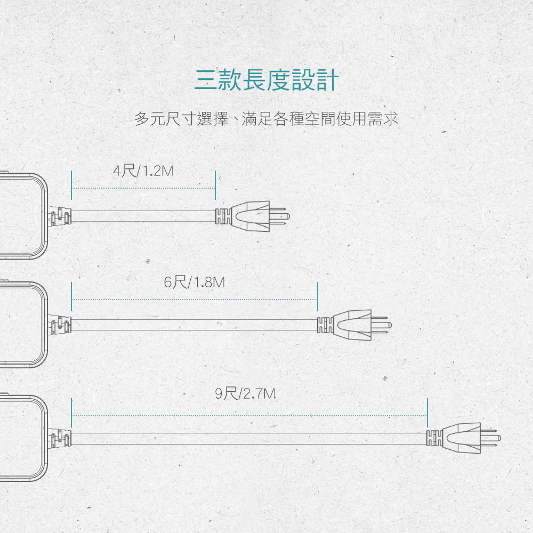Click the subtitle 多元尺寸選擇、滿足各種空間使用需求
click(266, 119)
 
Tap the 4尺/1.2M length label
click(144, 171)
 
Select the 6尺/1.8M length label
click(195, 282)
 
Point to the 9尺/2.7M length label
click(246, 394)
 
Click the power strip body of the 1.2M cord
click(21, 215)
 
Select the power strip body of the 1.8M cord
click(21, 324)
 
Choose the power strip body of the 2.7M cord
click(21, 437)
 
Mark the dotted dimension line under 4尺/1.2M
click(143, 188)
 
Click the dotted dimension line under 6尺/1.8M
click(195, 300)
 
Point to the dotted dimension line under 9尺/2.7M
click(249, 415)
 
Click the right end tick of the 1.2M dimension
click(214, 185)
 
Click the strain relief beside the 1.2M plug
click(223, 216)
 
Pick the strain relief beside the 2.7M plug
click(434, 438)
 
